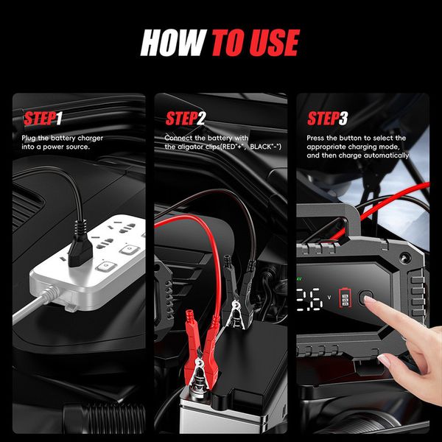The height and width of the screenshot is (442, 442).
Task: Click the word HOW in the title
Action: [x=173, y=43]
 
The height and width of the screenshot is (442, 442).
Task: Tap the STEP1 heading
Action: [x=43, y=119]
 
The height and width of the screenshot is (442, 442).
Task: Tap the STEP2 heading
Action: [x=185, y=119]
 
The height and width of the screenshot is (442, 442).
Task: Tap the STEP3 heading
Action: [x=327, y=119]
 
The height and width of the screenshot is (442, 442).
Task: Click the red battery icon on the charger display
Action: [x=344, y=299]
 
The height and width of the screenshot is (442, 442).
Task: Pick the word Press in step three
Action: [x=318, y=138]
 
